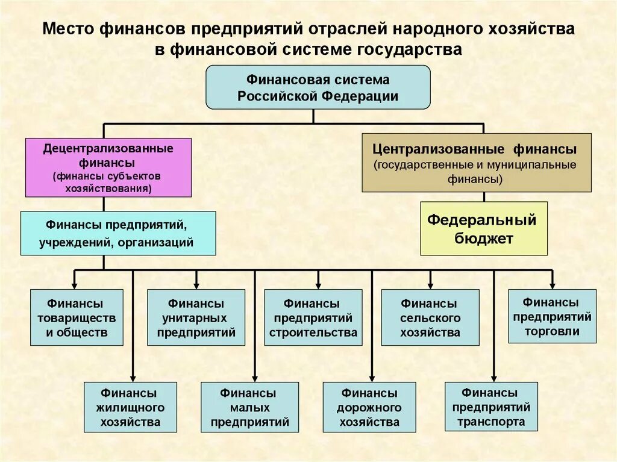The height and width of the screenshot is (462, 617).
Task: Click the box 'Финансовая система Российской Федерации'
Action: pyautogui.click(x=318, y=87)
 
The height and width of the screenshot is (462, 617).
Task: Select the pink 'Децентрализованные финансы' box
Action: pyautogui.click(x=108, y=167)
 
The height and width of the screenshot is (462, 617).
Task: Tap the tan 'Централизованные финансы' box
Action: pyautogui.click(x=477, y=163)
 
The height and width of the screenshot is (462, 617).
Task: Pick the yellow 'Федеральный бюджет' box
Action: pyautogui.click(x=484, y=229)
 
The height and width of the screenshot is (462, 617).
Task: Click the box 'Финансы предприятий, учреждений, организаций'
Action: pyautogui.click(x=118, y=233)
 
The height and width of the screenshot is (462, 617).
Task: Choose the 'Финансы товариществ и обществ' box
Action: pyautogui.click(x=77, y=317)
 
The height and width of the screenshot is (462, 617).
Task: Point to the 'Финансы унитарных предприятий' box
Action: pyautogui.click(x=196, y=317)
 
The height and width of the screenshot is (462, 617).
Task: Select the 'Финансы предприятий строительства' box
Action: pyautogui.click(x=313, y=317)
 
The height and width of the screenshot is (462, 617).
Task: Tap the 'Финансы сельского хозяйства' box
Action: pyautogui.click(x=430, y=317)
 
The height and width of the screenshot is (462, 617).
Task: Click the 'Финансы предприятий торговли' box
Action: pyautogui.click(x=552, y=316)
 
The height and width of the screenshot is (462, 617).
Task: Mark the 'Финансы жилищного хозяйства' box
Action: pyautogui.click(x=130, y=407)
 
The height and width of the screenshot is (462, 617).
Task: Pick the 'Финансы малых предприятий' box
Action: pyautogui.click(x=249, y=407)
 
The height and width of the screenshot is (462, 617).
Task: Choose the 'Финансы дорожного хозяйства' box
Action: pyautogui.click(x=369, y=407)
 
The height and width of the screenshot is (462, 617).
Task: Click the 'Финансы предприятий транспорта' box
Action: pyautogui.click(x=491, y=407)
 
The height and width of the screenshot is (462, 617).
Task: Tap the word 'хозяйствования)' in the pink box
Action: pyautogui.click(x=108, y=188)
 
